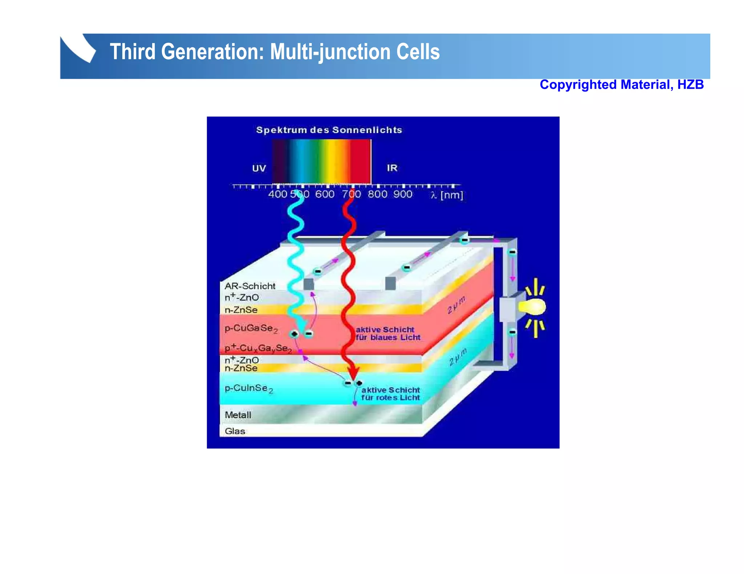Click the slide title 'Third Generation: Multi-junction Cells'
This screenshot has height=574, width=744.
point(274,52)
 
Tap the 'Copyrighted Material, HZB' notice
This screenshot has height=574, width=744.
point(621,85)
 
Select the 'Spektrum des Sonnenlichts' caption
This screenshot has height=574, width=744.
point(329,130)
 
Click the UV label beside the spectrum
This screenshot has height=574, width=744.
point(259,168)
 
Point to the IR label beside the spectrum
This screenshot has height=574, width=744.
point(392,168)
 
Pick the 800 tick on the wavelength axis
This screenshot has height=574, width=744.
point(377,194)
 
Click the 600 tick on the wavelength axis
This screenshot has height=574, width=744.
point(324,194)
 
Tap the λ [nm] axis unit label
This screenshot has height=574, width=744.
point(446,195)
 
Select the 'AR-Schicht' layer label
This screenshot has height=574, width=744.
point(250,286)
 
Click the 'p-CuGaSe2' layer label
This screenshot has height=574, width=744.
point(251,328)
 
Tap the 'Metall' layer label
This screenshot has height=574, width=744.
point(238,415)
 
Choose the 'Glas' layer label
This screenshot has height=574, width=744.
point(235,431)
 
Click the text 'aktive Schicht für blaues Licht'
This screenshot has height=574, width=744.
point(388,333)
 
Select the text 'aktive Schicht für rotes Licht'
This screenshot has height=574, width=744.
point(391,394)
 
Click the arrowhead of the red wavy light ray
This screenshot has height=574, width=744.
point(353,374)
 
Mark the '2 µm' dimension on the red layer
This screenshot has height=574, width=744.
point(456,305)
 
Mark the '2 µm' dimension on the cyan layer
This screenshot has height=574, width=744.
point(457,357)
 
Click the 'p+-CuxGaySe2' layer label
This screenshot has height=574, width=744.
point(258,348)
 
